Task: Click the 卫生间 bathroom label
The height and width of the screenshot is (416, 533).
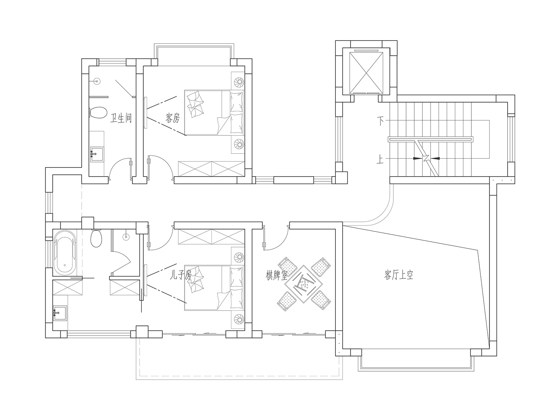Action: click(x=121, y=118)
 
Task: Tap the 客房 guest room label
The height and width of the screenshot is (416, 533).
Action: click(x=172, y=118)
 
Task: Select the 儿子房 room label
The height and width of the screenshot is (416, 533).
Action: click(x=181, y=275)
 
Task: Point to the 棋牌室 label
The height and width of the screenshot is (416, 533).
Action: click(x=276, y=276)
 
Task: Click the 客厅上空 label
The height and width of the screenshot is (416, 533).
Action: click(x=399, y=275)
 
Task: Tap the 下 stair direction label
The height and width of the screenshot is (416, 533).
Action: click(x=381, y=121)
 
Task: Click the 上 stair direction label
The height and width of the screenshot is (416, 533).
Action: click(x=380, y=160)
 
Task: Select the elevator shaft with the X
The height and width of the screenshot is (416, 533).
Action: click(x=366, y=71)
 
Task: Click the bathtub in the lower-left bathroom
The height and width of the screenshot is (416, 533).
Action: click(x=65, y=253)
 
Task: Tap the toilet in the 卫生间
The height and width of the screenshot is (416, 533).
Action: click(x=98, y=113)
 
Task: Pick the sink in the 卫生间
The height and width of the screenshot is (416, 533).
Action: click(x=97, y=154)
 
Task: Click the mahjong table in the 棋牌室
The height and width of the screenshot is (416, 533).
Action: click(x=304, y=284)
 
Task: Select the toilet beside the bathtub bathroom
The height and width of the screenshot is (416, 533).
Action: click(x=96, y=238)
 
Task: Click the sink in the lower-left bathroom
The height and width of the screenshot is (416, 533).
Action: click(x=60, y=313)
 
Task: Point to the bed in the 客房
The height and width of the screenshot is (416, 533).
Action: click(x=214, y=113)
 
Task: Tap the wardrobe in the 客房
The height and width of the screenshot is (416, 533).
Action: click(x=211, y=169)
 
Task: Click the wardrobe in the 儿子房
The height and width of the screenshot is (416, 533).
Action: click(x=211, y=236)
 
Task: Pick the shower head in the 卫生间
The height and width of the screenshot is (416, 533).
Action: click(x=97, y=81)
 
